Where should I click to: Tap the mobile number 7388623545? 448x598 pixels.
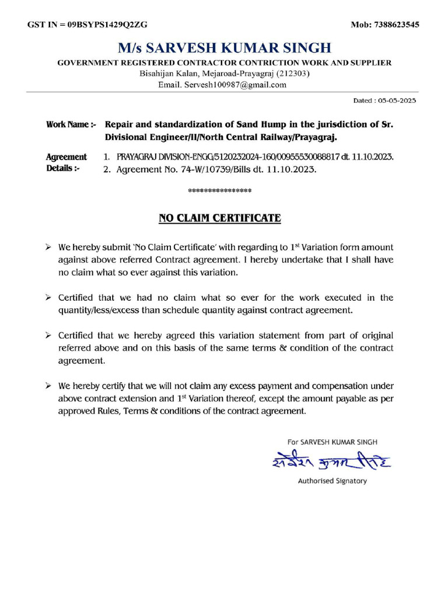tap(394, 25)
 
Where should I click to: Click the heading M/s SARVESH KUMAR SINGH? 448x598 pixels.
tap(224, 47)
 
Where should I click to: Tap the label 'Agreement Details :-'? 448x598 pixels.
tap(65, 163)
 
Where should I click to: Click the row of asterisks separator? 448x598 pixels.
tap(220, 191)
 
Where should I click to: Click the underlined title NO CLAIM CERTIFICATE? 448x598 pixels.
tap(220, 218)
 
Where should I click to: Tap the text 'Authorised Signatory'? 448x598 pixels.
tap(332, 481)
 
